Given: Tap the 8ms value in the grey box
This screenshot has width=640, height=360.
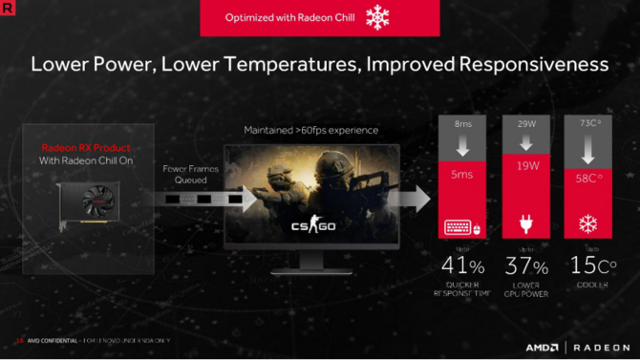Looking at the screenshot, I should coord(463,124).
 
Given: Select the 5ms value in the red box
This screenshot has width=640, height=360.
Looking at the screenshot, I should coord(463,176).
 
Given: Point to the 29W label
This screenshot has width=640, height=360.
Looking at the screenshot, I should coord(526,124).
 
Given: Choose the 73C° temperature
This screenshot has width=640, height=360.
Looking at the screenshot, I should coord(589,124).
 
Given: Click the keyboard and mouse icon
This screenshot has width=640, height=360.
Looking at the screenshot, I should coord(463,227).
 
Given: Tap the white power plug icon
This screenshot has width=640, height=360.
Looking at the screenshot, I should coord(526,226).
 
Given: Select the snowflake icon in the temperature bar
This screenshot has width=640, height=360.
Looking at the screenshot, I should coord(589,226).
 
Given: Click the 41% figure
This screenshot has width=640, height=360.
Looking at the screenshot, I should coord(463,266).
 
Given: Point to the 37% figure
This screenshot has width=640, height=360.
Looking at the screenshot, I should coord(526,266).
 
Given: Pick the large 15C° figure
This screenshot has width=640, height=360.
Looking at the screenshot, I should coord(589,266).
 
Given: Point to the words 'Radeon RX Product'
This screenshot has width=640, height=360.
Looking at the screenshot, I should coord(85,147).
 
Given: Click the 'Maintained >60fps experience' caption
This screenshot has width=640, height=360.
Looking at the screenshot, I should coord(310,130).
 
